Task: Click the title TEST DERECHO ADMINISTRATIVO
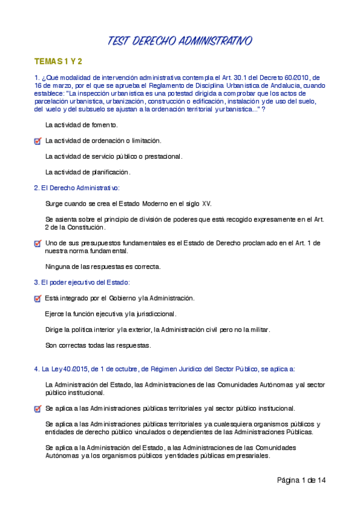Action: (180, 40)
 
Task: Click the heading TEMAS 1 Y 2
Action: (58, 62)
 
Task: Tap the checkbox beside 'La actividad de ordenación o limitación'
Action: (38, 141)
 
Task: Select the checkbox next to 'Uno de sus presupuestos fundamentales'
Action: (38, 244)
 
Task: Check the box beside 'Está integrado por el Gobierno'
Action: (38, 298)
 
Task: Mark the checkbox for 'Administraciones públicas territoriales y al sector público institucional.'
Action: (38, 409)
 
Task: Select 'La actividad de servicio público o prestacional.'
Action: (114, 156)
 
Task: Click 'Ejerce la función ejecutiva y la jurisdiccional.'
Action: (111, 313)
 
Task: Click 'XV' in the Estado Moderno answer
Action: (206, 204)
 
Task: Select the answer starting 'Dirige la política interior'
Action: (158, 330)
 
